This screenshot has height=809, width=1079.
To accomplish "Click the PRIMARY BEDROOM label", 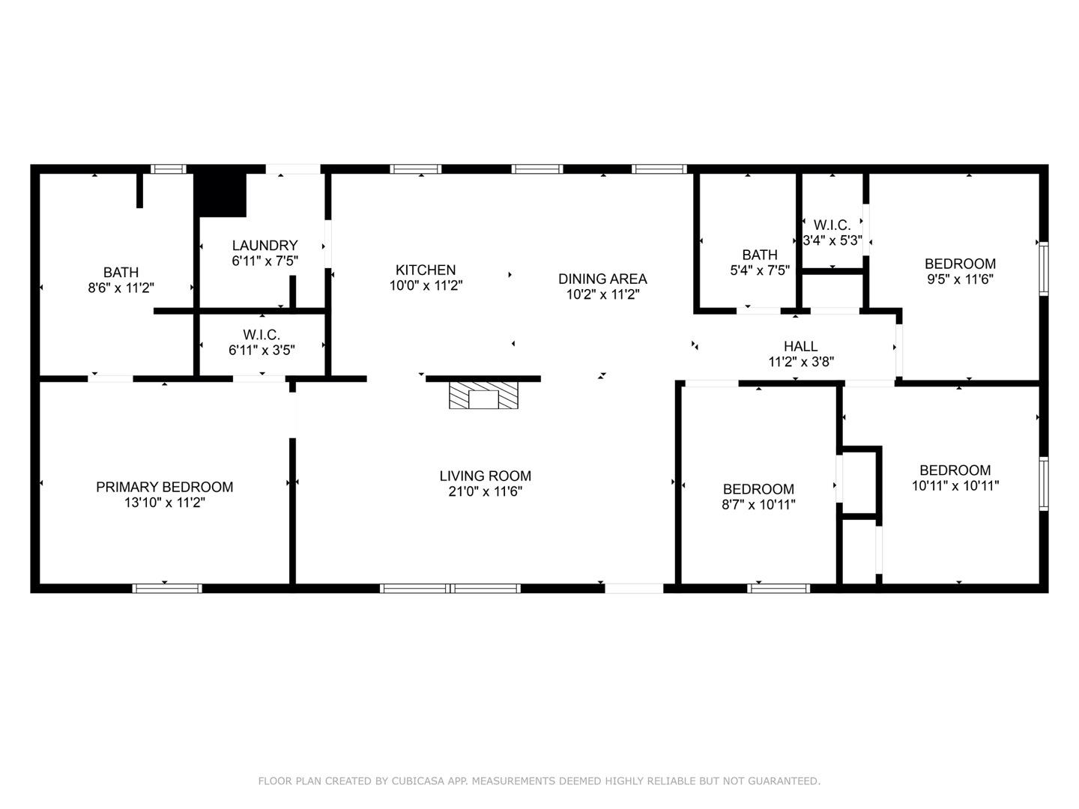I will click(164, 487).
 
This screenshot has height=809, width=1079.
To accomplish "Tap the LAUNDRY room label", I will click(265, 246).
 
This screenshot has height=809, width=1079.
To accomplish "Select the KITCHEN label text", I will click(426, 270).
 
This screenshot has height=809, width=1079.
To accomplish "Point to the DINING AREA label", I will click(602, 279).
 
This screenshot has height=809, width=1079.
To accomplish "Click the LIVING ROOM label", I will click(485, 476).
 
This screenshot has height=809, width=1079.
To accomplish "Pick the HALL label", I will click(800, 346).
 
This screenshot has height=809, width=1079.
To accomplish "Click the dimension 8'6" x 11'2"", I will click(121, 288).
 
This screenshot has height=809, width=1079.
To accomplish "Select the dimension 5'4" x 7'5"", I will click(760, 270).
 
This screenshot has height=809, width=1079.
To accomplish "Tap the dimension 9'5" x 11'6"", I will click(960, 279).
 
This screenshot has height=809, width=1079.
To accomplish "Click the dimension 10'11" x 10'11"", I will click(955, 485).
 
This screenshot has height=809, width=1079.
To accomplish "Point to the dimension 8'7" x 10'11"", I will click(758, 505).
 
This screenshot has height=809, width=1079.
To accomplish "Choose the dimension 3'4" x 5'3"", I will click(832, 241).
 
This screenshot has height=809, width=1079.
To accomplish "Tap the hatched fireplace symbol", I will click(483, 396).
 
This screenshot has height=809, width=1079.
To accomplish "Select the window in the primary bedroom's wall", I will click(167, 588).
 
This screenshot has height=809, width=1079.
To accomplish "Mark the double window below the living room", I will click(450, 588).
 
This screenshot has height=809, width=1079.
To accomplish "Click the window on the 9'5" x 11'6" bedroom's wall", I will click(1043, 267).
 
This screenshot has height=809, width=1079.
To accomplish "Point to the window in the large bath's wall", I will click(168, 169).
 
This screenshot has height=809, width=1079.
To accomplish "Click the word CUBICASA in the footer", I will click(419, 781).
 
